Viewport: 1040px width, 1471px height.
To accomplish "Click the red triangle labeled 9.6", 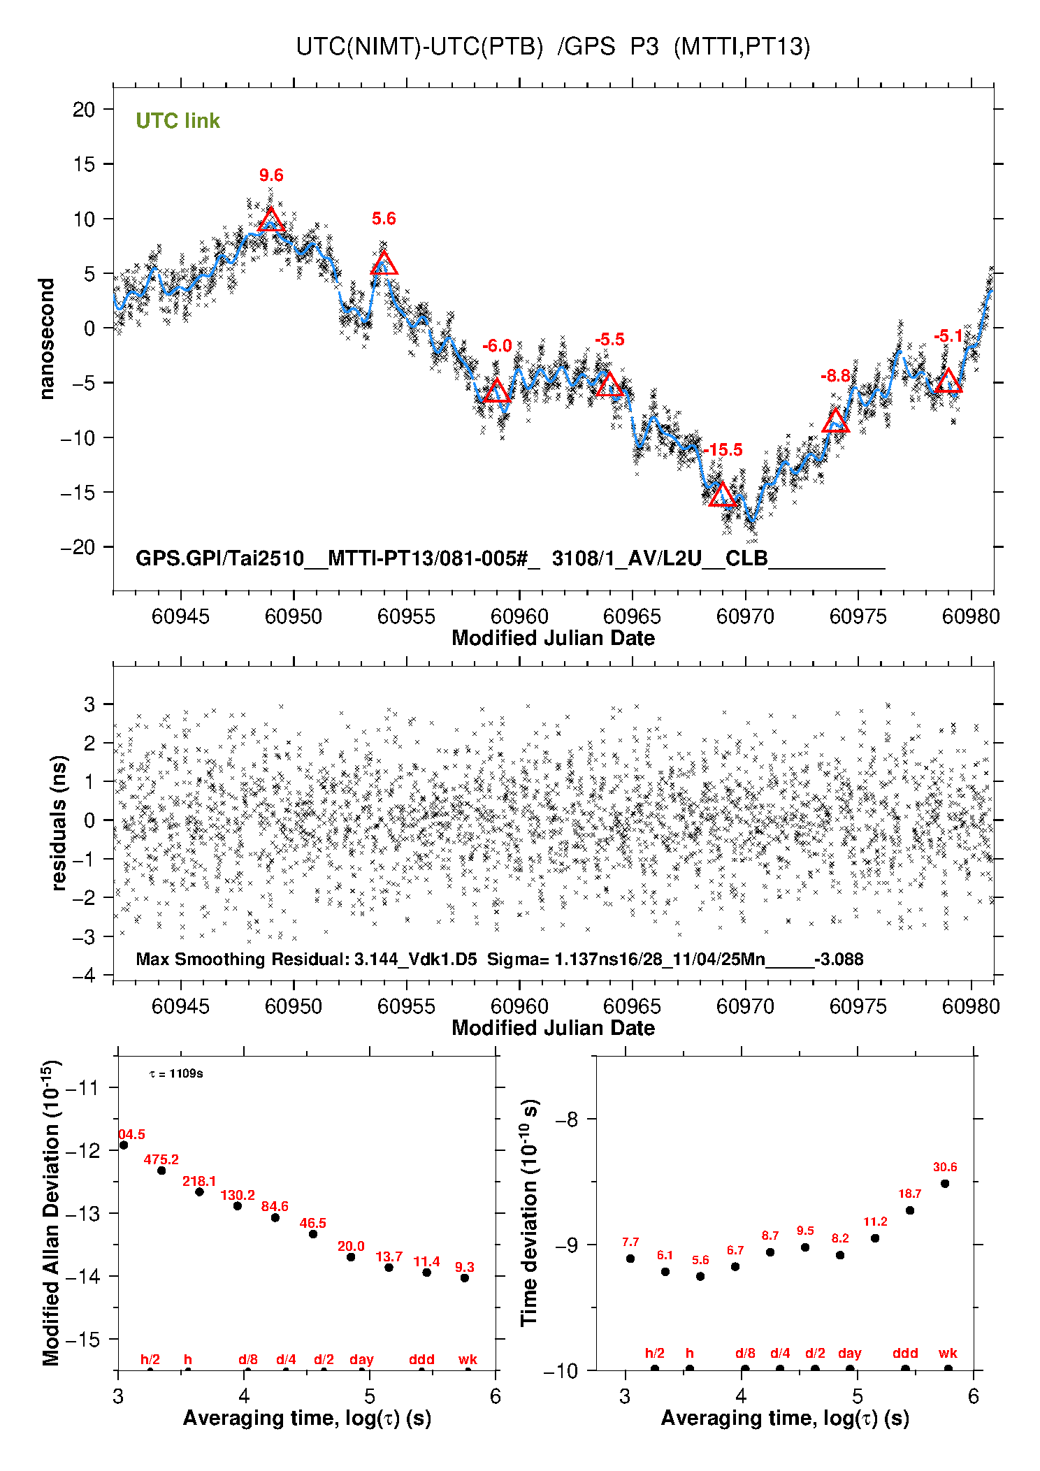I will [x=271, y=221].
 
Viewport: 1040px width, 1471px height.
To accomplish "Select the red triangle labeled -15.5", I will [x=723, y=495].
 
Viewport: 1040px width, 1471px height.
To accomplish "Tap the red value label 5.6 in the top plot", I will [x=384, y=219].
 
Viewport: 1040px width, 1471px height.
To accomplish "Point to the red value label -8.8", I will [x=835, y=376].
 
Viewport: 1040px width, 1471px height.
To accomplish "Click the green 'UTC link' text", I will [x=178, y=121].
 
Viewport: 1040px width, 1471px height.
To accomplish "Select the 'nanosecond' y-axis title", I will [x=47, y=339].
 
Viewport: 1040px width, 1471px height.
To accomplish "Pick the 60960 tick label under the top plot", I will [x=519, y=616].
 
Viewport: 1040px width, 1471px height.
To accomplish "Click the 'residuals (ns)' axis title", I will [x=59, y=823].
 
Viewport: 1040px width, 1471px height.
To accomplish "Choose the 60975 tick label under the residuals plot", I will [x=858, y=1006].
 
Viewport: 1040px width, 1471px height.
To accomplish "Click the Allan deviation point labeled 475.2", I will [x=161, y=1171].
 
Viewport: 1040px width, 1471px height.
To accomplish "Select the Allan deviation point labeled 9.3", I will [x=465, y=1278].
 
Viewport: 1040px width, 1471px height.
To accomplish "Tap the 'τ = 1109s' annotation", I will [x=176, y=1073].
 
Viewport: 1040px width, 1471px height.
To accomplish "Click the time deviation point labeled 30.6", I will [x=945, y=1184].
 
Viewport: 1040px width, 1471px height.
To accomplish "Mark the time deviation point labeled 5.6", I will [x=700, y=1276].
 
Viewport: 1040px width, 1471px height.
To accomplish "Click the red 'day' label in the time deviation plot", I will [x=849, y=1353].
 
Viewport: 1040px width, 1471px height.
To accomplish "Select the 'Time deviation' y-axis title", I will [x=530, y=1212].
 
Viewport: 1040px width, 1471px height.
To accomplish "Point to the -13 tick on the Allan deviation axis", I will [x=82, y=1214].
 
